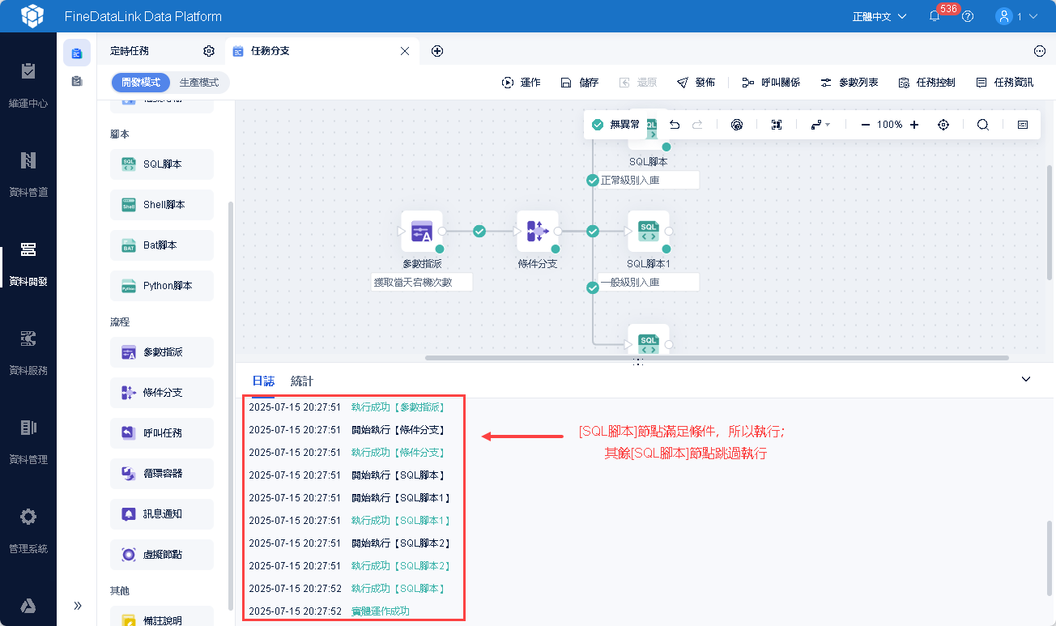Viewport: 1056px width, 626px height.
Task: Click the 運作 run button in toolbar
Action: [x=521, y=83]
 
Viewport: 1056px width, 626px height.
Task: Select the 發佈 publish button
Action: [x=696, y=83]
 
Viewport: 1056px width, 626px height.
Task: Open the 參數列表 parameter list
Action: [x=849, y=83]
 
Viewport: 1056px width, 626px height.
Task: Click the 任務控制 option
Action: [x=926, y=83]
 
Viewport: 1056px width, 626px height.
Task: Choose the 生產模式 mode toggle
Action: [x=199, y=83]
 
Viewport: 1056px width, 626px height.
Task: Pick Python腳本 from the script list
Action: [x=162, y=286]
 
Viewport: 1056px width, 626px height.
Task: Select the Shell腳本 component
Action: [x=162, y=205]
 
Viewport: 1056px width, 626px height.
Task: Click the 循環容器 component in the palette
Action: [x=162, y=474]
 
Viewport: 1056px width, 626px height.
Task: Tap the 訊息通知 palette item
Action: [x=162, y=514]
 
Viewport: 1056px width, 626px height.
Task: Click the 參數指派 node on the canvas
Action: [x=422, y=232]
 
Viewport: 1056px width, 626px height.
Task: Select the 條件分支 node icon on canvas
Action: [x=537, y=232]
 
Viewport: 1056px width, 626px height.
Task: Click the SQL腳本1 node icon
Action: [x=649, y=232]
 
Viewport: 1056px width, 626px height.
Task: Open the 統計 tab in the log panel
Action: [x=301, y=381]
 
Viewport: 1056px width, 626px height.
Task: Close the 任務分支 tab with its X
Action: [x=405, y=51]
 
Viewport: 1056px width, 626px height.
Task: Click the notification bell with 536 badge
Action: [x=935, y=16]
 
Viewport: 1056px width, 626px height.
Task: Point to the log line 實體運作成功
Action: [x=381, y=611]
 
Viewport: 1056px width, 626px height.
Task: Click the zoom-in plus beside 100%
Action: [x=914, y=125]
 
